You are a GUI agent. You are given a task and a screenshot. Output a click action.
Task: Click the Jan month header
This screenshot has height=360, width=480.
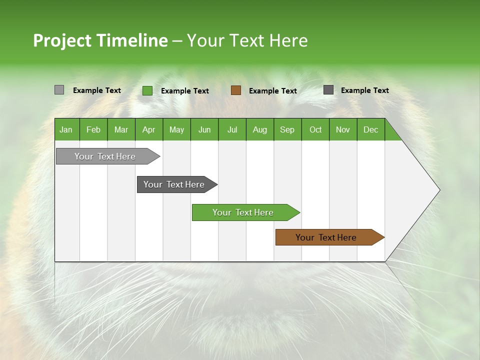tap(66, 129)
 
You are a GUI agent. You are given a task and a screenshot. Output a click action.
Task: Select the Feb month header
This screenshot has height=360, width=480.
tap(93, 129)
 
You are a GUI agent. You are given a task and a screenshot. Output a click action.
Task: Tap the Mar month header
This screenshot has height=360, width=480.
tap(121, 129)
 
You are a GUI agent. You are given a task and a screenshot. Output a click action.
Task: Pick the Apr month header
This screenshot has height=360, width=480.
tap(149, 129)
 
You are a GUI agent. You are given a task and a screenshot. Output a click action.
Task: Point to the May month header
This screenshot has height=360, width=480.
tap(176, 129)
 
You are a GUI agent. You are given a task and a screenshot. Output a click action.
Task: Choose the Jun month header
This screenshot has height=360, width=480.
tap(204, 129)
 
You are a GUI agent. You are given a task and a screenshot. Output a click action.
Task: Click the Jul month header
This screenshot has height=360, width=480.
tap(232, 129)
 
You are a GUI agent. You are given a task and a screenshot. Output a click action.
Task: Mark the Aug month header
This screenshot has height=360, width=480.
tap(260, 129)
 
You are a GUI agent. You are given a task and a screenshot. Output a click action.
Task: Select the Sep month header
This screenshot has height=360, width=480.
tap(287, 129)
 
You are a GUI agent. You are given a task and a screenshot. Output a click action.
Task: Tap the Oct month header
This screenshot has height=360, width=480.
tap(315, 129)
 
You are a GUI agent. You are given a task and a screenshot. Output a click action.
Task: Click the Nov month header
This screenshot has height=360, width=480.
tap(343, 129)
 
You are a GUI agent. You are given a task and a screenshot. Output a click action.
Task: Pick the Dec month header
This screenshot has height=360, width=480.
tap(371, 129)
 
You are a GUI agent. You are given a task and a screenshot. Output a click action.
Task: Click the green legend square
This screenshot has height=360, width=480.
tap(147, 90)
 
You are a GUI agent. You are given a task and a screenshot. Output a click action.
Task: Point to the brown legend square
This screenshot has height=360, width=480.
tap(236, 90)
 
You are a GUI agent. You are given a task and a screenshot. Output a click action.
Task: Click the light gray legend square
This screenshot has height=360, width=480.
tap(59, 90)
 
